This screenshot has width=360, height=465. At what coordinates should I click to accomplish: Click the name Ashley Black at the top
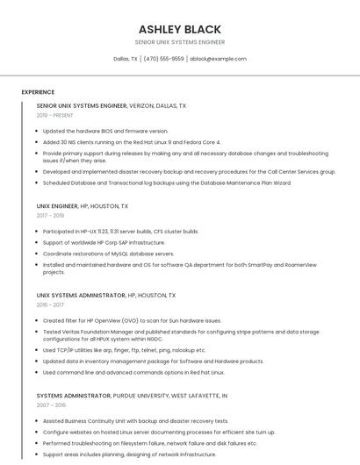tap(179, 29)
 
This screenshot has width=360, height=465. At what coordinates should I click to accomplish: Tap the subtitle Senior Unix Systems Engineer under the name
tap(179, 42)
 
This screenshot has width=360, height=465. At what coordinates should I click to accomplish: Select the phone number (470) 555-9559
tap(163, 59)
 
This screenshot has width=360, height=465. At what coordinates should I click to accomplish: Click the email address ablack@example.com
tap(218, 59)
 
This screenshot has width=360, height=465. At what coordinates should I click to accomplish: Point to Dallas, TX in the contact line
tap(126, 59)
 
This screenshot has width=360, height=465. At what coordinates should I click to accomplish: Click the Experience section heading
tap(38, 91)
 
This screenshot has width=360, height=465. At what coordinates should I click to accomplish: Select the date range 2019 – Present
tap(54, 115)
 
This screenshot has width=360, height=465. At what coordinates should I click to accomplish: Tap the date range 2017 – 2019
tap(50, 215)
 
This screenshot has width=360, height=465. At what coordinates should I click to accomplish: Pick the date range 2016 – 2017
tap(50, 304)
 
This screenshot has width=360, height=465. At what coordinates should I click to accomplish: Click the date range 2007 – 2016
tap(51, 404)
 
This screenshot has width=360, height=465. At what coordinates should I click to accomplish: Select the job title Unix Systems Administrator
tap(81, 296)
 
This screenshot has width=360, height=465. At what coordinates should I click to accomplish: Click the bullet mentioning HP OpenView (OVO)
tap(132, 320)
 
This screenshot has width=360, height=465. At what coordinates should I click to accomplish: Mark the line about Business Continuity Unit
tap(135, 420)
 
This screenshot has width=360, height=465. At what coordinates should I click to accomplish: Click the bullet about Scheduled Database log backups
tap(167, 182)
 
